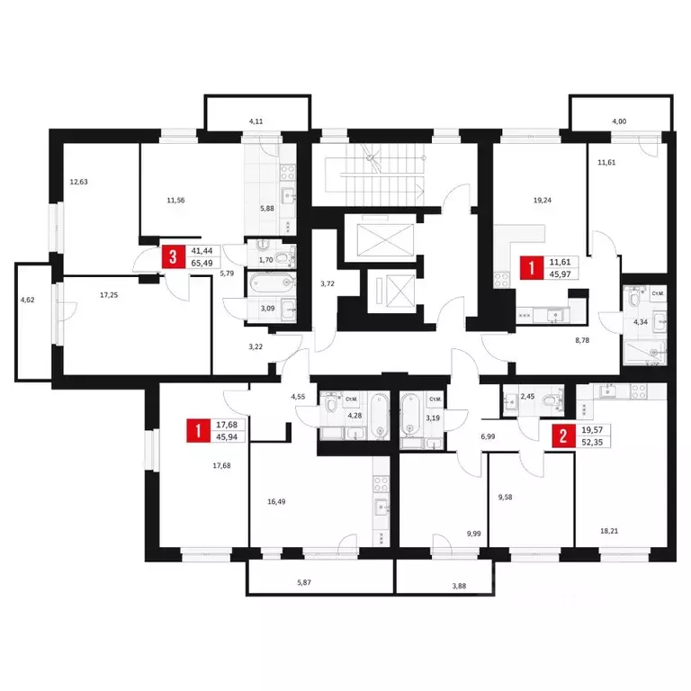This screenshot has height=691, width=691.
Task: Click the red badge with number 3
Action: (x=173, y=256)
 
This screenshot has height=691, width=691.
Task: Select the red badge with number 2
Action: (x=563, y=436)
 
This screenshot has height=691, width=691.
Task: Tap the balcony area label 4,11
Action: (x=256, y=121)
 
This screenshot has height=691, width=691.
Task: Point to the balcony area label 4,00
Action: (x=619, y=121)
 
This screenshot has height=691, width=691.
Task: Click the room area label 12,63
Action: (x=79, y=182)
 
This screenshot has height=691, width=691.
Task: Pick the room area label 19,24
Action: (x=543, y=200)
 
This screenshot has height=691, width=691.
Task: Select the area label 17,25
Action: (x=109, y=295)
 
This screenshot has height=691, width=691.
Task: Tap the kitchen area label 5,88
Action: (x=267, y=209)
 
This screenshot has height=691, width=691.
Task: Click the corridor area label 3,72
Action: (x=328, y=283)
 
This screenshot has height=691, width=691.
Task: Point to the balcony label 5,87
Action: (x=304, y=583)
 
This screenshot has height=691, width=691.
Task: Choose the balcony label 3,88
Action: (x=459, y=586)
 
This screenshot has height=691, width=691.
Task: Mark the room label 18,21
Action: (x=609, y=531)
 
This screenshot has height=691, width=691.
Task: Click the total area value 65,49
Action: (x=202, y=263)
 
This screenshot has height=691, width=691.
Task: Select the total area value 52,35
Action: (x=592, y=442)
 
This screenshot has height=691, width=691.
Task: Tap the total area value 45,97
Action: (x=561, y=274)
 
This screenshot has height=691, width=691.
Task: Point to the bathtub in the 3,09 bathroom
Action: (x=272, y=283)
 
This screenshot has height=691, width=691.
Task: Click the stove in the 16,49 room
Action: (x=381, y=484)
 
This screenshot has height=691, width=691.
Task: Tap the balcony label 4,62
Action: (x=27, y=300)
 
